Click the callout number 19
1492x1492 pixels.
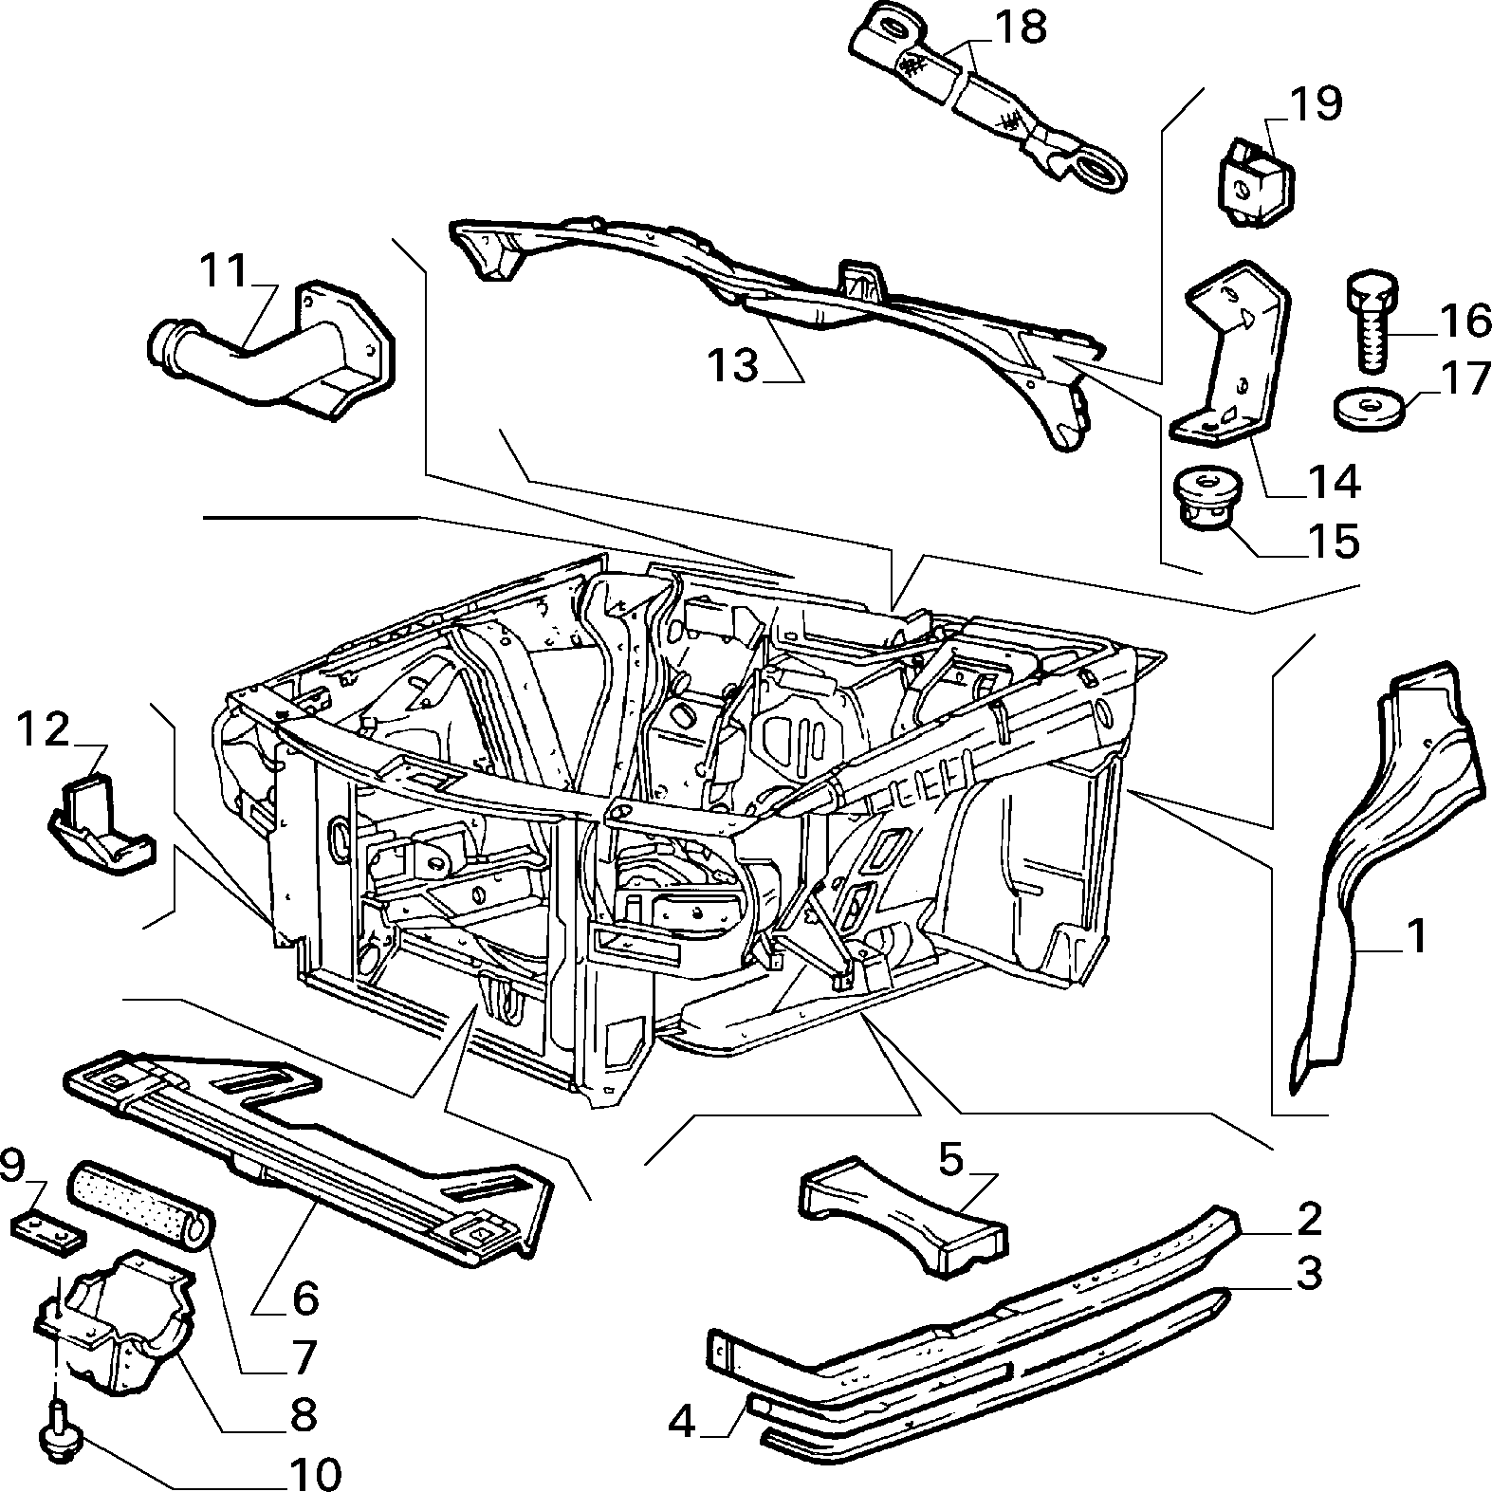click(1316, 103)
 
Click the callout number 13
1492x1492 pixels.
click(733, 364)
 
